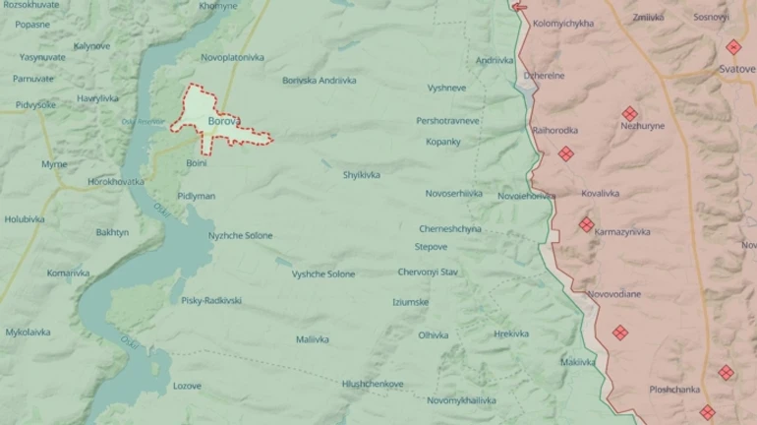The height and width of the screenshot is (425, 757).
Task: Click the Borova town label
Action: click(223, 121)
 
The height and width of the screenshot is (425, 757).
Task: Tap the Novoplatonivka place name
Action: click(233, 57)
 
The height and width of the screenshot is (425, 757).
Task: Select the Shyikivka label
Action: click(361, 174)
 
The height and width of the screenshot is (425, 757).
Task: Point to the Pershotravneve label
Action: click(447, 120)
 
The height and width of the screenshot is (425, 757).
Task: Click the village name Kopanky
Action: click(442, 142)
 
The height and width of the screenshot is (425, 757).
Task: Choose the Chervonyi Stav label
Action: click(428, 272)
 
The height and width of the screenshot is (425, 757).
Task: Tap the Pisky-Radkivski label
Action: click(211, 300)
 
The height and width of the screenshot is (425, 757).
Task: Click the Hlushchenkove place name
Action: click(373, 384)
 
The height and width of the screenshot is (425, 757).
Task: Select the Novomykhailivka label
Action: click(461, 400)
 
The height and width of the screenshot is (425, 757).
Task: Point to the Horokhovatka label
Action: click(116, 181)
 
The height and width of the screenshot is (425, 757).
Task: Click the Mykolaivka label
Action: click(28, 332)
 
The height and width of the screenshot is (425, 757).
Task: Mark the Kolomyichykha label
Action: click(562, 23)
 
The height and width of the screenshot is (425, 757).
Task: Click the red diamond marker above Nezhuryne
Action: click(630, 113)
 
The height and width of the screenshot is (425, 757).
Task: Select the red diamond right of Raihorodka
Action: click(566, 153)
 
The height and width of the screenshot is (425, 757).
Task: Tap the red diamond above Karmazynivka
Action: click(587, 224)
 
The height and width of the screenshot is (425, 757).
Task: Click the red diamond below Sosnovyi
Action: click(733, 47)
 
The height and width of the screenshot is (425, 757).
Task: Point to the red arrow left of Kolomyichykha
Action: click(519, 7)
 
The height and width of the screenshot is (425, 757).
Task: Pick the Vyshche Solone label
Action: click(323, 273)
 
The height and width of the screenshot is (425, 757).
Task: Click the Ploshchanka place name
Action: click(674, 390)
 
